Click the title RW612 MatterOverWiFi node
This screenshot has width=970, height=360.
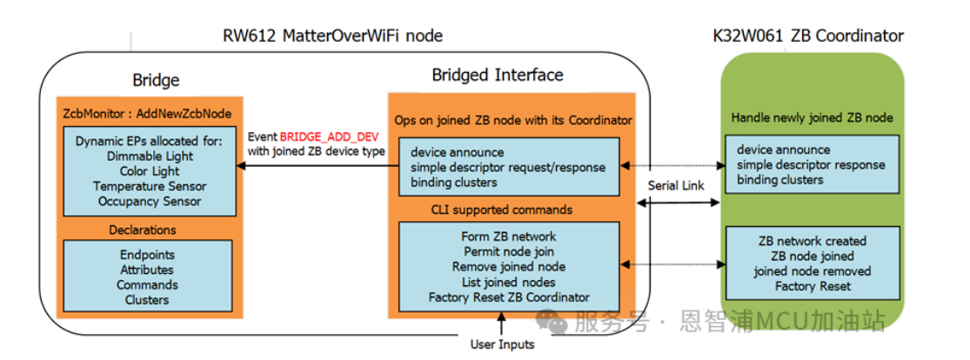click(x=332, y=36)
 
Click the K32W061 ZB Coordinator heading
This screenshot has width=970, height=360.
click(x=807, y=36)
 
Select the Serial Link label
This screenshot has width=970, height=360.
click(x=675, y=187)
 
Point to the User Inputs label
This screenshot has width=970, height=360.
click(x=502, y=344)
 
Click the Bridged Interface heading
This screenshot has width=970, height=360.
click(x=497, y=75)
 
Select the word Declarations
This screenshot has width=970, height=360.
click(x=143, y=230)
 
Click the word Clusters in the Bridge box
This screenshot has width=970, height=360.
click(x=146, y=300)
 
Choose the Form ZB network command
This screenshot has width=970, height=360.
click(x=508, y=237)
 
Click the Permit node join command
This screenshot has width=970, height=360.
click(x=508, y=251)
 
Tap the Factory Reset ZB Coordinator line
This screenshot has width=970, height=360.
click(x=508, y=297)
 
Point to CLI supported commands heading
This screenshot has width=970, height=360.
click(x=502, y=210)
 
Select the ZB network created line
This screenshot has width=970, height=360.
click(x=812, y=241)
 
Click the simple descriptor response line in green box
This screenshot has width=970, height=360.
click(x=811, y=165)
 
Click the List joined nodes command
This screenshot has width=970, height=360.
click(x=508, y=282)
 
